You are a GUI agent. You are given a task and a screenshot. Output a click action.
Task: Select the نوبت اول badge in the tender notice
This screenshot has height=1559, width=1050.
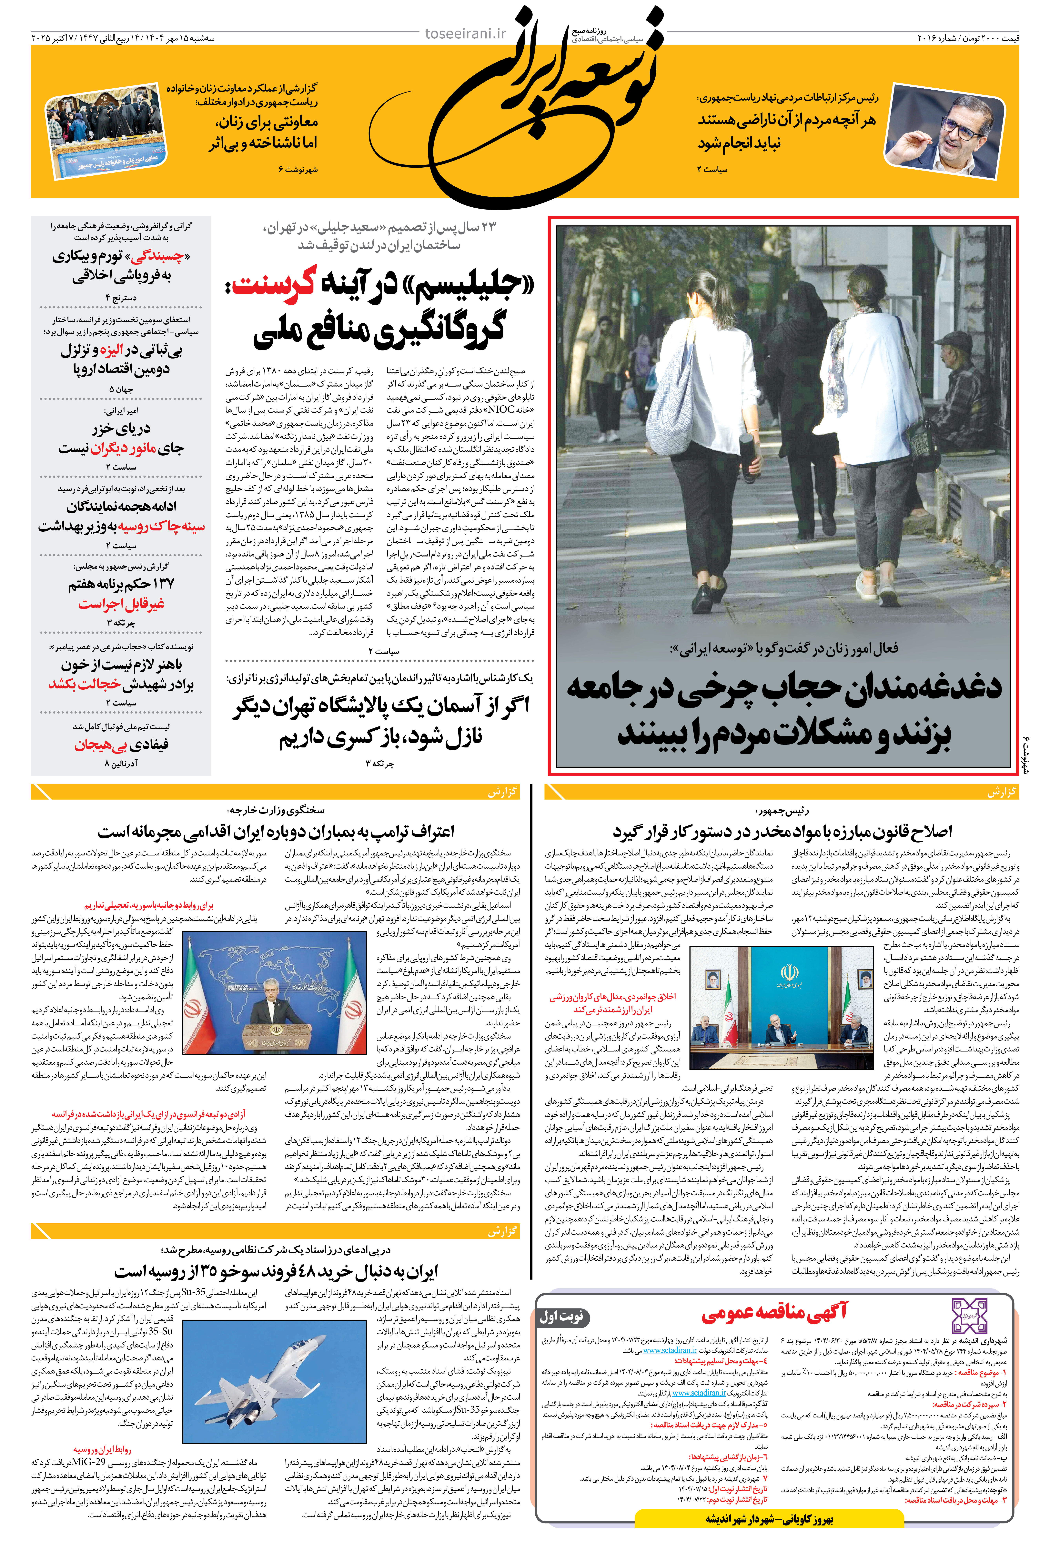pyautogui.click(x=562, y=1316)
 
